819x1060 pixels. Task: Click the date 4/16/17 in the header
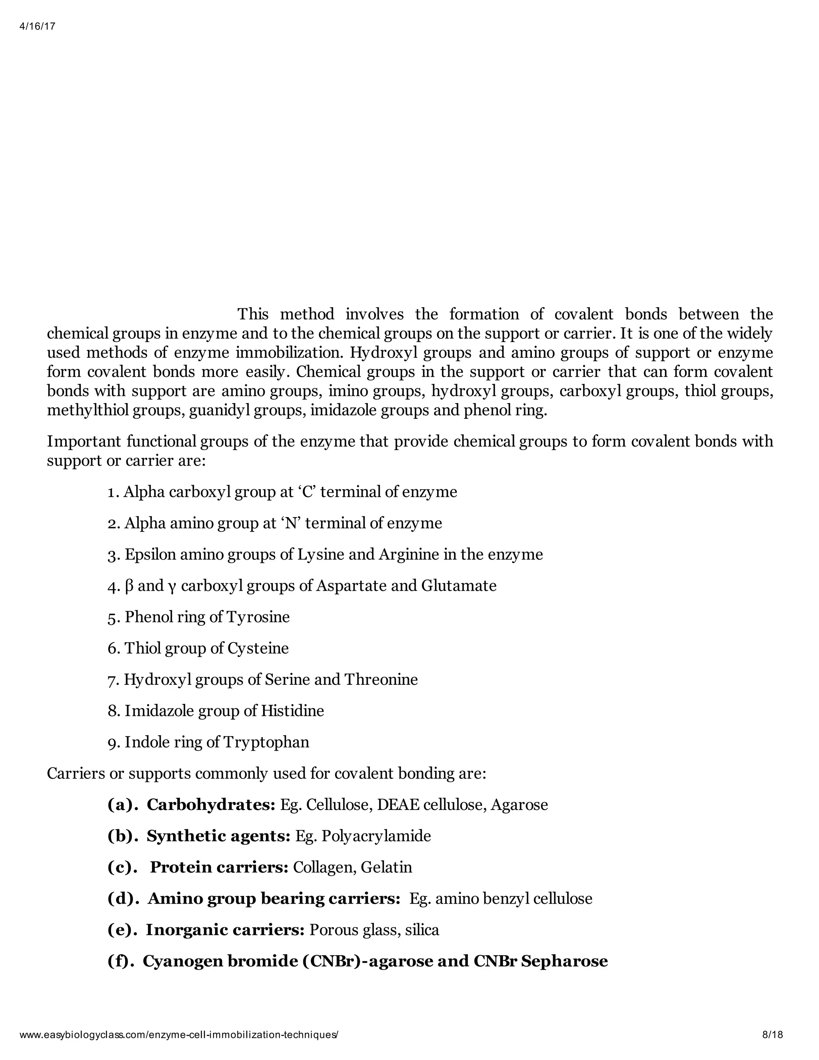(37, 27)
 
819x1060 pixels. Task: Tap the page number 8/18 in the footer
(773, 1034)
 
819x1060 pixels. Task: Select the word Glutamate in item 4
(459, 586)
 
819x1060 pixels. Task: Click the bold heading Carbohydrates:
(211, 805)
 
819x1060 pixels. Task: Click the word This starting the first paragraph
(253, 314)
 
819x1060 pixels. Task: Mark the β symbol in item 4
(129, 586)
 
